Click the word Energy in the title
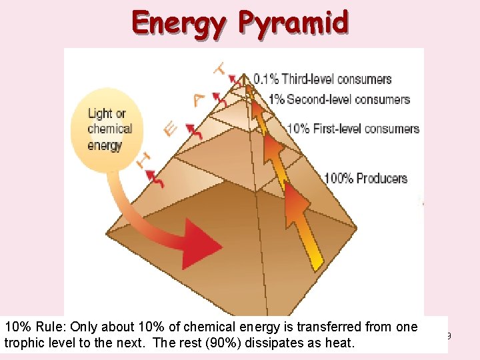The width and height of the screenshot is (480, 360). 179,23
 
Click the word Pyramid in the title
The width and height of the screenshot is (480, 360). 294,23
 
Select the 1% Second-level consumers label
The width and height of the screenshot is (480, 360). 339,99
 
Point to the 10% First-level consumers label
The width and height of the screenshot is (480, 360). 353,128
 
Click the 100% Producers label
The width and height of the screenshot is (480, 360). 365,178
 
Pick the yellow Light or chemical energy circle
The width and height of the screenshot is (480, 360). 111,129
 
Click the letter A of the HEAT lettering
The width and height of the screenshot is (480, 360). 198,99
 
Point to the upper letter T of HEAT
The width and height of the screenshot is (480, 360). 219,68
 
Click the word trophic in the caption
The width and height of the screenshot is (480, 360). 23,343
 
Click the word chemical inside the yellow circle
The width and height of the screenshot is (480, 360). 110,129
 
